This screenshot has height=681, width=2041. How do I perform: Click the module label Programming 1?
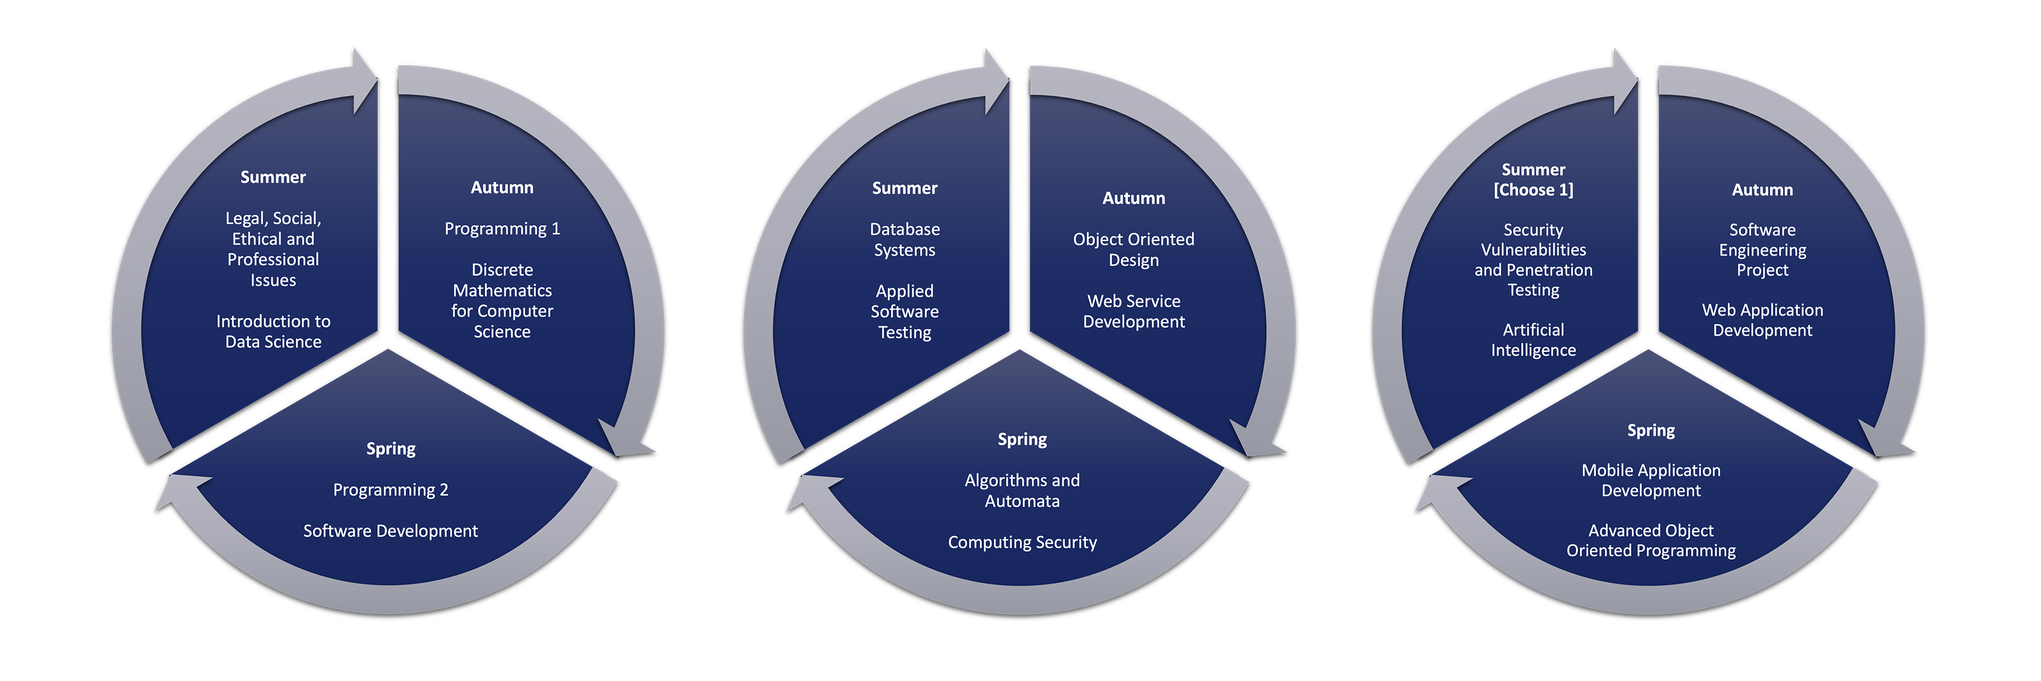pos(502,229)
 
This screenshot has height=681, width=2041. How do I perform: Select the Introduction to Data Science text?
pos(274,332)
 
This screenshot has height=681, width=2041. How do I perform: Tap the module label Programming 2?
pos(391,490)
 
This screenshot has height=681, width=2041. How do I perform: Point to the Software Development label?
pos(391,531)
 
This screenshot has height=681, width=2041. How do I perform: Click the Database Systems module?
pos(905,239)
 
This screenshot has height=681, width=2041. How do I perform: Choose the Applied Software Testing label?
pos(905,311)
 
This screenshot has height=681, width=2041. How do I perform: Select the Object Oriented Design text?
pos(1133,250)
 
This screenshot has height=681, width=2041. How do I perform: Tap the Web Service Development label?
pos(1133,311)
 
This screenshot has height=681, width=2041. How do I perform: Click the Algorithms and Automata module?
pos(1022,491)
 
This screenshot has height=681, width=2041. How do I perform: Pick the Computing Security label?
pos(1022,542)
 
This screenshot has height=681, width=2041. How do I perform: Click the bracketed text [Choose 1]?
pos(1533,190)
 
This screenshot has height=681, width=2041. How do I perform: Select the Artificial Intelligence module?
pos(1533,340)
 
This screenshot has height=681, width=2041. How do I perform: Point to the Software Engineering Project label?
pos(1762,250)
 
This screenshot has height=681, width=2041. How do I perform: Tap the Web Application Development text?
pos(1762,320)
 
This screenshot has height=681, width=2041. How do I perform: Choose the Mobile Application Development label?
pos(1651,480)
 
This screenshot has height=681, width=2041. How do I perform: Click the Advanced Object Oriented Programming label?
pos(1651,541)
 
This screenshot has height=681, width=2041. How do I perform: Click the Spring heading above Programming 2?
pos(391,449)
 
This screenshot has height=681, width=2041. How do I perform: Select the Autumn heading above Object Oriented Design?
pos(1133,198)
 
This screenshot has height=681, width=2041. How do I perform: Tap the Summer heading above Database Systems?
pos(905,188)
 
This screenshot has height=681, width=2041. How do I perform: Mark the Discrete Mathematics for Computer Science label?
pos(502,300)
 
